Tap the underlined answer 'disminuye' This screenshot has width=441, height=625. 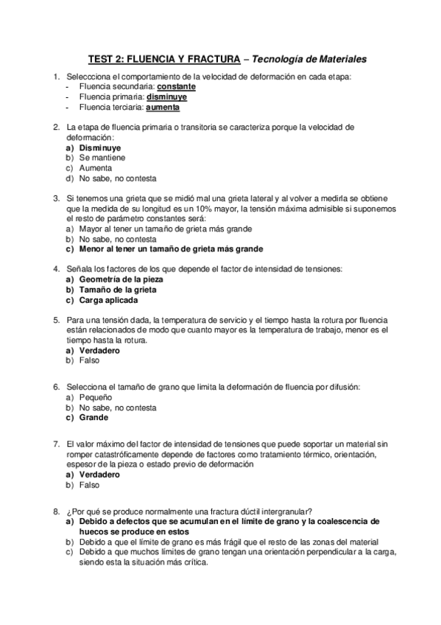tap(167, 97)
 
